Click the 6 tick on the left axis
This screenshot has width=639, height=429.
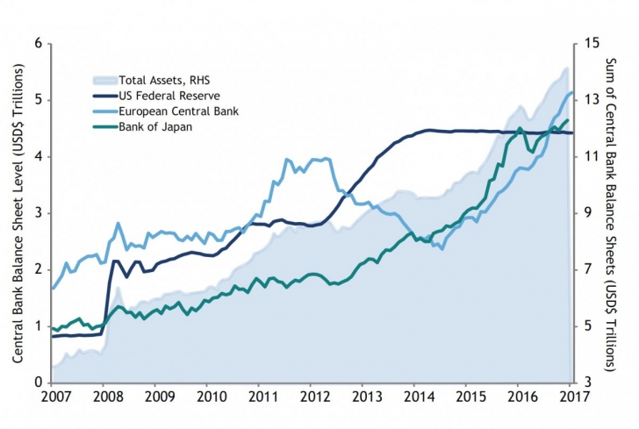click(38, 43)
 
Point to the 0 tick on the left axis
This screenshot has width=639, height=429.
click(38, 383)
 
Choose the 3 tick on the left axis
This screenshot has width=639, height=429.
click(38, 213)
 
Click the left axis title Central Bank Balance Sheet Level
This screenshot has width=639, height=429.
click(17, 213)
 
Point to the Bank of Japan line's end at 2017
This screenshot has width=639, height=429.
click(568, 120)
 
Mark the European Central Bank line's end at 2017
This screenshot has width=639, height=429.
click(571, 92)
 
